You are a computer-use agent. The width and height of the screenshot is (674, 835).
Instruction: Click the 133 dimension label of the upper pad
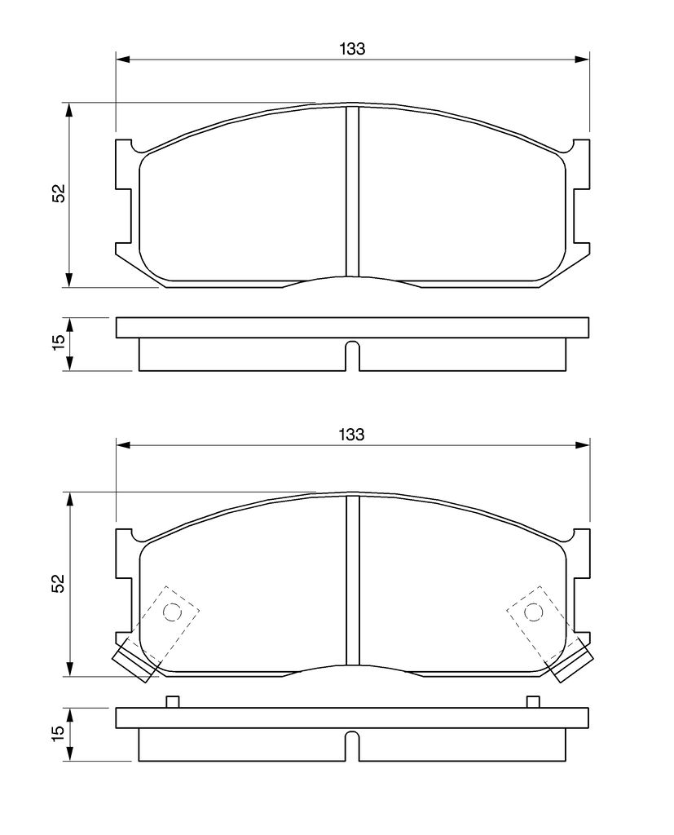352,49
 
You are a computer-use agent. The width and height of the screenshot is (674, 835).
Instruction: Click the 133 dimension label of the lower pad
352,435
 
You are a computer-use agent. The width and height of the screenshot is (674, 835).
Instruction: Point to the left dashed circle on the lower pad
172,612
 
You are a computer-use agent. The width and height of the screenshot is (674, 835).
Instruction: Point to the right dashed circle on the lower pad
534,612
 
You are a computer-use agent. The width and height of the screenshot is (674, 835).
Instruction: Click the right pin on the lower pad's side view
533,702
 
